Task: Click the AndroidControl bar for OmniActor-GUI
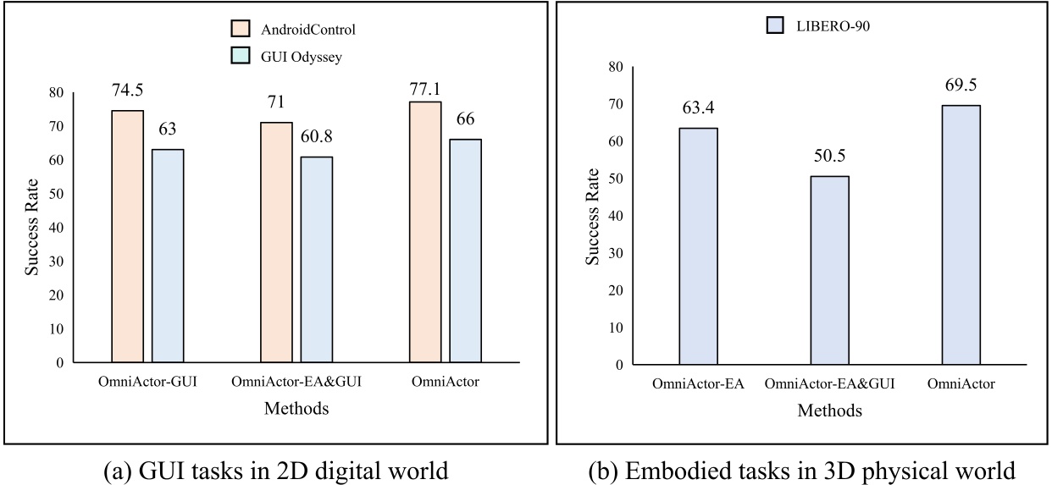(127, 236)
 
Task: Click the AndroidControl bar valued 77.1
(425, 232)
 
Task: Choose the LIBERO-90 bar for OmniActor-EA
(698, 245)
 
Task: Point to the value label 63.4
(698, 109)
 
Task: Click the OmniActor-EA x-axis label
(698, 385)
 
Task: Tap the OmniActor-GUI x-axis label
(147, 383)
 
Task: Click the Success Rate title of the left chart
(31, 229)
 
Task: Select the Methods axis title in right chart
(830, 411)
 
